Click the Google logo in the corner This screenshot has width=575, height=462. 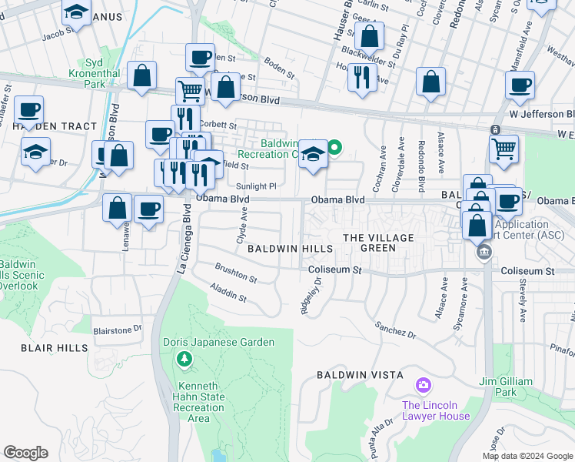(x=25, y=453)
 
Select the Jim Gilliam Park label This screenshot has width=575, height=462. (x=504, y=387)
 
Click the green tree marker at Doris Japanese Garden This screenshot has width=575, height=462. (x=184, y=358)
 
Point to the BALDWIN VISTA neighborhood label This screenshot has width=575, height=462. (x=360, y=375)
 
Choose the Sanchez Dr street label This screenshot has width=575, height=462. (x=397, y=332)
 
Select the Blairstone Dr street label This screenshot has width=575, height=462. (x=118, y=329)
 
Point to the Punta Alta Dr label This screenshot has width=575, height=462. (x=381, y=437)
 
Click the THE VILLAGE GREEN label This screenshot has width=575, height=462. (x=378, y=243)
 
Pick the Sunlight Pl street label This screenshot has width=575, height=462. (x=256, y=186)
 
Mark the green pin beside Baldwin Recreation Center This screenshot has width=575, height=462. (x=334, y=146)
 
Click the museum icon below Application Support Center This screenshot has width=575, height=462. (x=484, y=252)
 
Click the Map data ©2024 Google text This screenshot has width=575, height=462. (x=527, y=456)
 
